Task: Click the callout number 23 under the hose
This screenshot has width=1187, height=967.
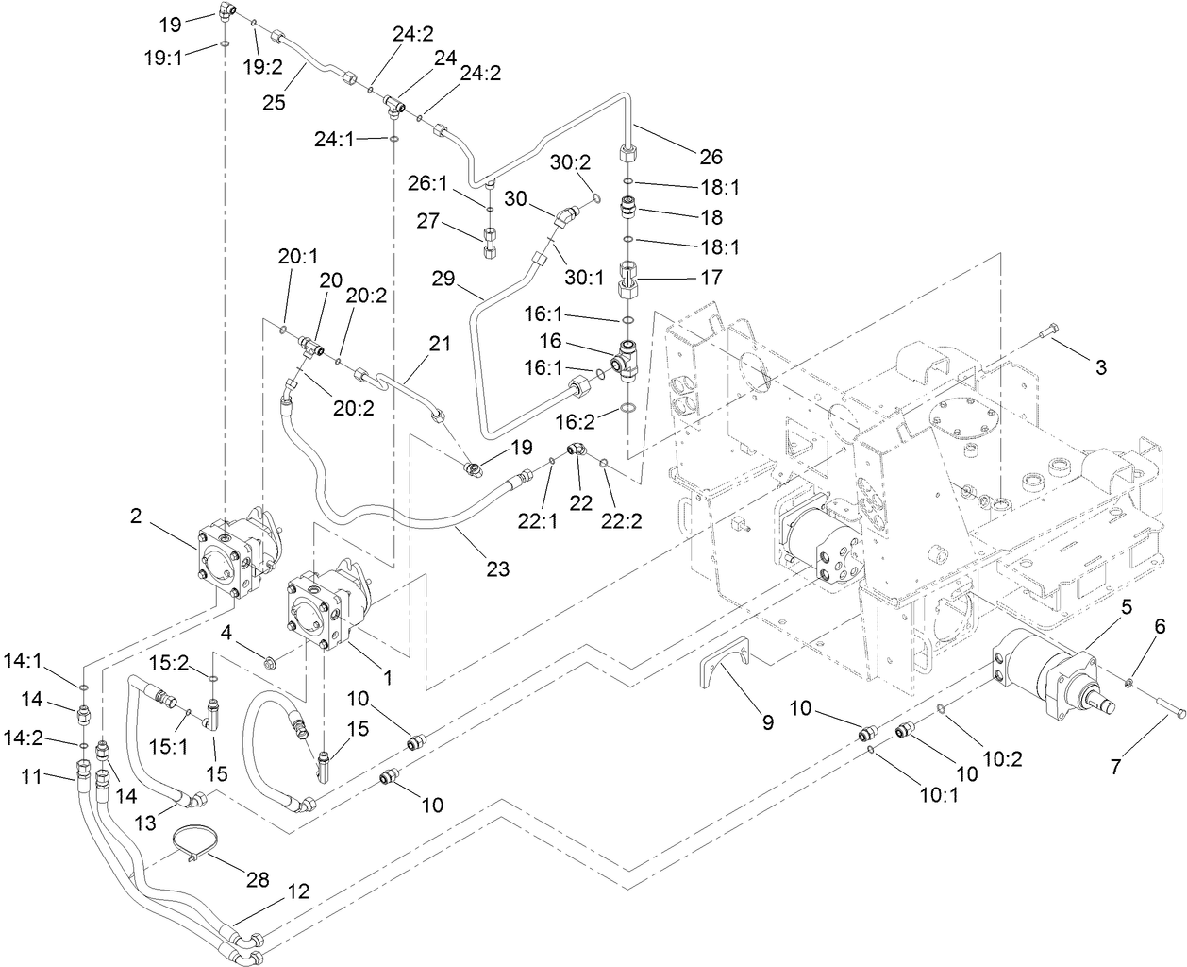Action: [497, 568]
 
